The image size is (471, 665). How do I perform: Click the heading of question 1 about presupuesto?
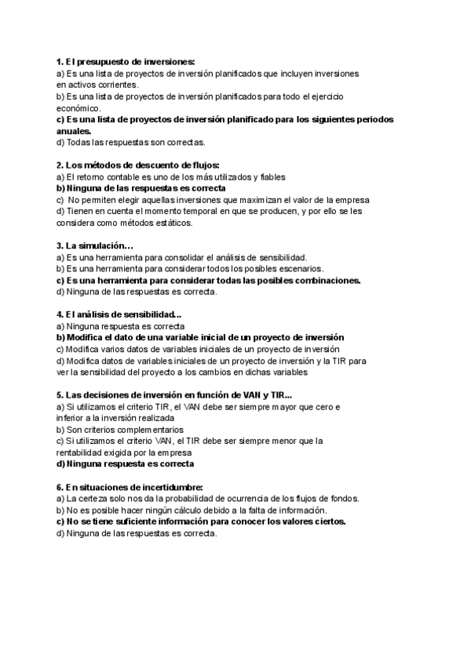coord(126,61)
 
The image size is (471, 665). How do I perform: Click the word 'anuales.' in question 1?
coord(75,131)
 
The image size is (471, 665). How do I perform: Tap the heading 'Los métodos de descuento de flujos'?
coord(133,165)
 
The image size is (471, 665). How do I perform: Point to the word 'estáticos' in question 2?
coord(172,223)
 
